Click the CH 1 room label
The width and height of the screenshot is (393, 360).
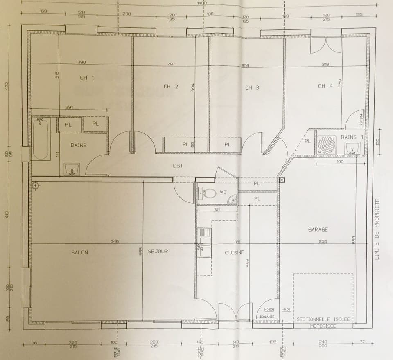point(86,78)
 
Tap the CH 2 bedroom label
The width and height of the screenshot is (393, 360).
point(170,86)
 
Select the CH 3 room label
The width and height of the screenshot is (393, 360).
point(252,88)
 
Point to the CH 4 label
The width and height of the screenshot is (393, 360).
point(325,86)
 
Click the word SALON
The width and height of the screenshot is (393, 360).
point(79,252)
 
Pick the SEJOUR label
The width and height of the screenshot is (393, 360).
point(158,251)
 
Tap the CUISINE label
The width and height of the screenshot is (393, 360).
point(234,253)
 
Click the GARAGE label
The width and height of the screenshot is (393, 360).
point(318,229)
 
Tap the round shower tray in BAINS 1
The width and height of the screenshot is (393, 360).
point(327,144)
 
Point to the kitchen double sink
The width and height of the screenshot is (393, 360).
point(203,243)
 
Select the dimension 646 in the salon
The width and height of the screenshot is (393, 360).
point(114,241)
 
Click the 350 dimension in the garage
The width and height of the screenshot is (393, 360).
point(323,241)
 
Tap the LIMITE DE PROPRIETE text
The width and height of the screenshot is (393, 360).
point(377,229)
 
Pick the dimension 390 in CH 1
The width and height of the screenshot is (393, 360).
point(81,62)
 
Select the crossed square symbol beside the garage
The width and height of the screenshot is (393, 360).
point(282,180)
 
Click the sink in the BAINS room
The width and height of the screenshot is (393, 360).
point(72,169)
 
